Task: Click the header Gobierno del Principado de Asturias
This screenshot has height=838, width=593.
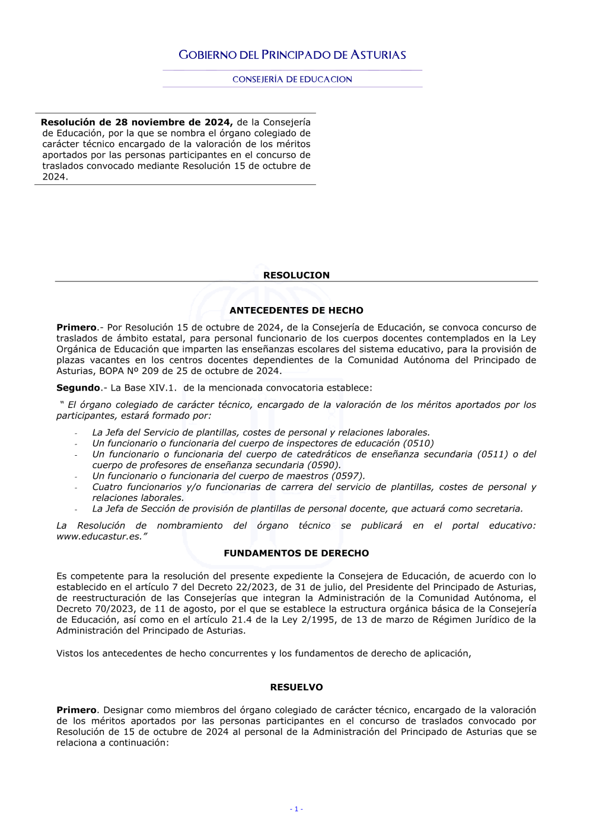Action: click(x=292, y=55)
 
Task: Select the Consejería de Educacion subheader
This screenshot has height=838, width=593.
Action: click(x=292, y=79)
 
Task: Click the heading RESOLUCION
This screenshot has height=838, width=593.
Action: click(x=296, y=275)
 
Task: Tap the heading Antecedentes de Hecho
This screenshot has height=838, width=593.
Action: click(x=296, y=311)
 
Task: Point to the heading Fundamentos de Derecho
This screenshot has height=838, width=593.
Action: click(x=296, y=553)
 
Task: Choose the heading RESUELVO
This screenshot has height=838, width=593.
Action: click(x=296, y=687)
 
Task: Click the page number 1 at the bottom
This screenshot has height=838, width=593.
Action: click(x=296, y=809)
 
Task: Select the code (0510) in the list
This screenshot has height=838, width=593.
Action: click(x=419, y=443)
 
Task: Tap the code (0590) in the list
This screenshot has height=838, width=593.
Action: click(x=324, y=465)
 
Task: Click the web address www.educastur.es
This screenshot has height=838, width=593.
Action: click(x=99, y=536)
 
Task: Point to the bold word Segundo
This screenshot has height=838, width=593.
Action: click(x=78, y=388)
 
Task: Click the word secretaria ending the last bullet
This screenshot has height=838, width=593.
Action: click(x=497, y=508)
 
